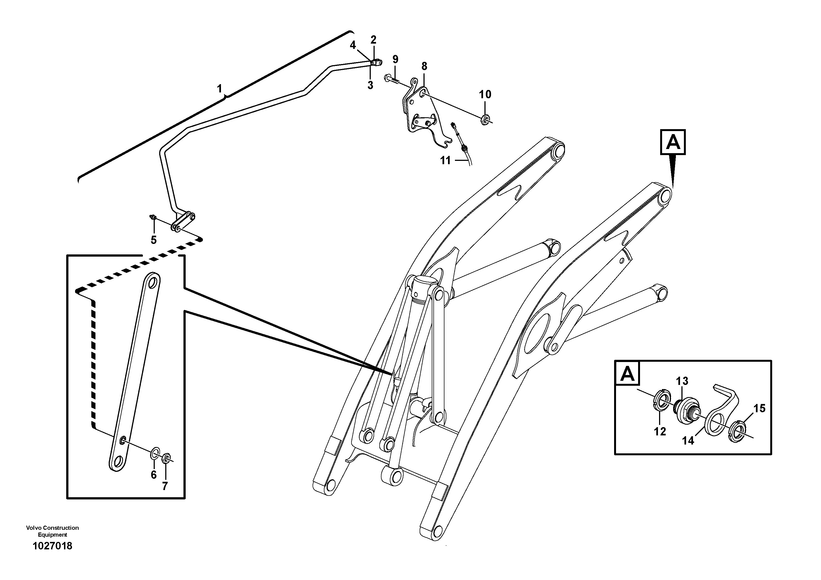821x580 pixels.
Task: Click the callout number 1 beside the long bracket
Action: tap(220, 88)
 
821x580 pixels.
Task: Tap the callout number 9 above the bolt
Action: tap(395, 59)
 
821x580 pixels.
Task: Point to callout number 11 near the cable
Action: tap(445, 161)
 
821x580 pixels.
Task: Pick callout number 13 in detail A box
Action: tap(682, 381)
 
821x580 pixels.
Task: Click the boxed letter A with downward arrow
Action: tap(673, 142)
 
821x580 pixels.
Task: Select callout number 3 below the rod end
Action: tap(370, 86)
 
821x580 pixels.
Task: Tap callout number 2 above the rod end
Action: tap(373, 40)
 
